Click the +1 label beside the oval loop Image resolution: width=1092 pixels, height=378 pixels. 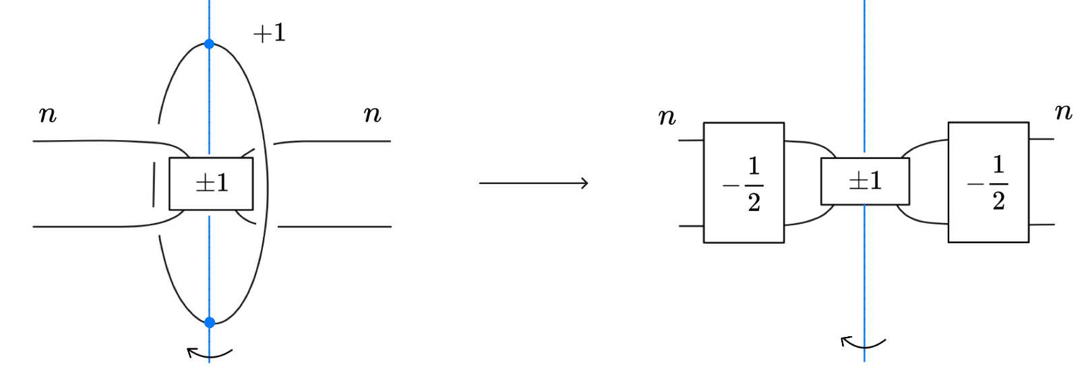pyautogui.click(x=270, y=33)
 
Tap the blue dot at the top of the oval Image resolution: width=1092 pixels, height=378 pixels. pyautogui.click(x=209, y=44)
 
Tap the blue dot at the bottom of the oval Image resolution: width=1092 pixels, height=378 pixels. pyautogui.click(x=210, y=322)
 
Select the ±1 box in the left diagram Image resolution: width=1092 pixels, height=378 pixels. pyautogui.click(x=211, y=184)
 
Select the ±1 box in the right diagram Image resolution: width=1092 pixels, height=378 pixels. pyautogui.click(x=865, y=181)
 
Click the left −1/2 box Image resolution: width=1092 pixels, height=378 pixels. pyautogui.click(x=744, y=183)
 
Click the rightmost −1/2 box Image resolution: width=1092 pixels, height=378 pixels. pyautogui.click(x=988, y=182)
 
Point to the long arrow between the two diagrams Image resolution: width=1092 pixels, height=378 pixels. pyautogui.click(x=533, y=183)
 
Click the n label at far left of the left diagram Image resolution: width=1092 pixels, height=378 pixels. pyautogui.click(x=48, y=115)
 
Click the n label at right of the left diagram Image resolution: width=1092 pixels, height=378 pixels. pyautogui.click(x=372, y=115)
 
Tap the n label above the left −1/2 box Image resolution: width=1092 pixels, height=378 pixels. pyautogui.click(x=667, y=118)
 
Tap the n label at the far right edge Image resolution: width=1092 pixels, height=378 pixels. pyautogui.click(x=1063, y=112)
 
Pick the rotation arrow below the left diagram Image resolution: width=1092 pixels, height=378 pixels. pyautogui.click(x=209, y=353)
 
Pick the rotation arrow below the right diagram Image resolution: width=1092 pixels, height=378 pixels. pyautogui.click(x=863, y=344)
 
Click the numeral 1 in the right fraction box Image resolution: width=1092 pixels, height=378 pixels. pyautogui.click(x=998, y=164)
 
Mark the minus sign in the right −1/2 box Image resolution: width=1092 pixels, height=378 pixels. pyautogui.click(x=975, y=184)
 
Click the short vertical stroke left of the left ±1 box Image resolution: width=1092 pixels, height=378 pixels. pyautogui.click(x=154, y=184)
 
